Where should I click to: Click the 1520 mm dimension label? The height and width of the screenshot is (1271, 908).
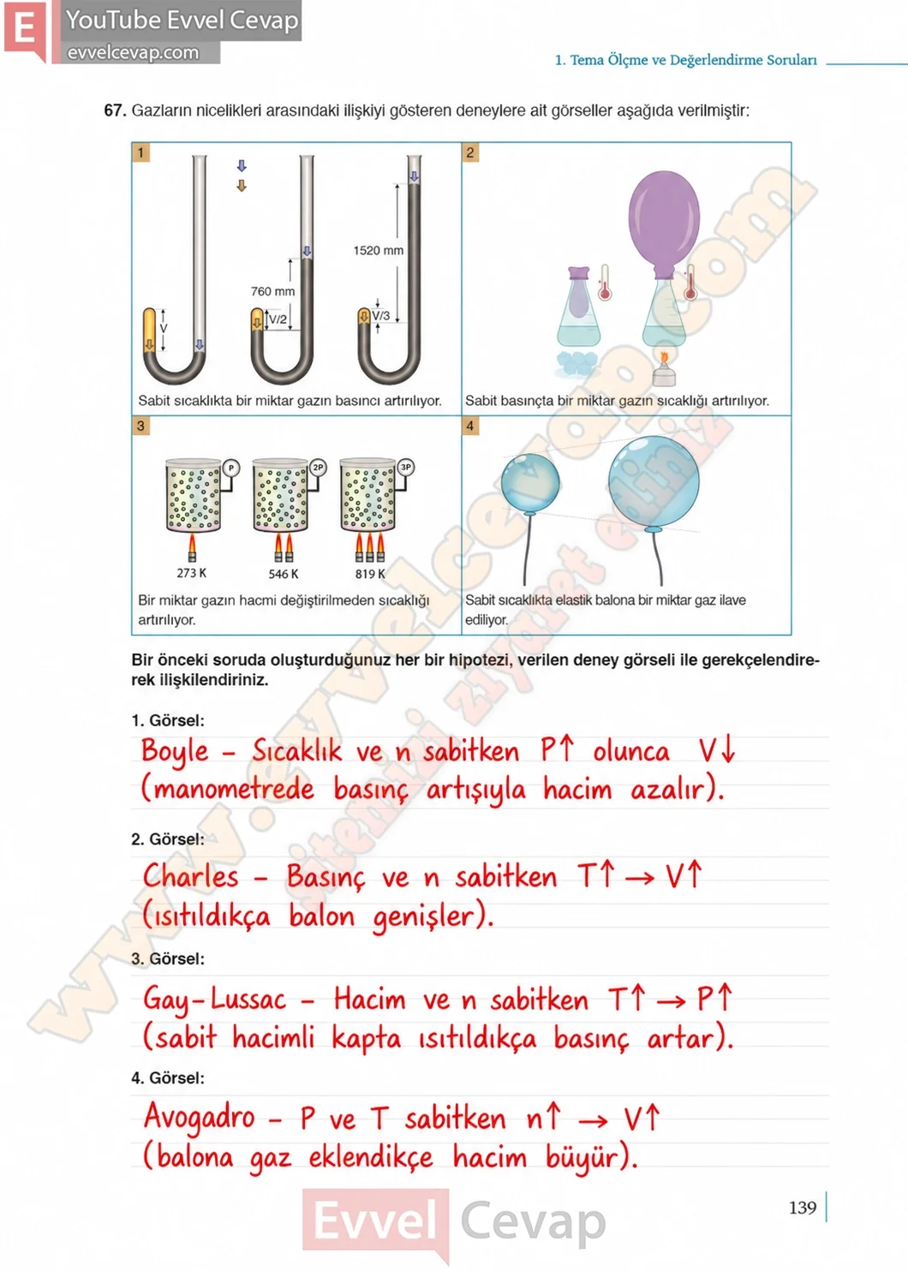[378, 250]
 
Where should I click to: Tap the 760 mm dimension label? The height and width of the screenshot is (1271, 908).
[272, 291]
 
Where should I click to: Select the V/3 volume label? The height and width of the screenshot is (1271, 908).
[381, 315]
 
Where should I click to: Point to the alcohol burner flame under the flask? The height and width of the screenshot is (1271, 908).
[664, 359]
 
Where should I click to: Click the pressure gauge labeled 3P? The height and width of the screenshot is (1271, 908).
[406, 467]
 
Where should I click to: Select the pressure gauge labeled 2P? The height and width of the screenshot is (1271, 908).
[319, 467]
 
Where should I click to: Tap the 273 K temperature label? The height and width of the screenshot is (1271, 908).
[191, 573]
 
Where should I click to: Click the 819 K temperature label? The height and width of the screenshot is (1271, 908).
[370, 574]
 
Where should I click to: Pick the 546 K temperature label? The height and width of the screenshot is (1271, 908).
[284, 574]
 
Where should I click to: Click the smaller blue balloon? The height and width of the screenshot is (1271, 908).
[530, 483]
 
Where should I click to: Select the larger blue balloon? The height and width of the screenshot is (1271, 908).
[654, 482]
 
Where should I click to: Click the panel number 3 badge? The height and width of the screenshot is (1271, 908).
[140, 426]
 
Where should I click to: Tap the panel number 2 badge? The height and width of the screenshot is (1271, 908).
[470, 152]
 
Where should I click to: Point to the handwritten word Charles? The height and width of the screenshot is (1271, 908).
[191, 875]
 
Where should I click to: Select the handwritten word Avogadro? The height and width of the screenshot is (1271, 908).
[200, 1117]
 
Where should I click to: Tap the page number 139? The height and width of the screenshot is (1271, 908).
[803, 1207]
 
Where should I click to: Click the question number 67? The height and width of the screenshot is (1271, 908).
[115, 110]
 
